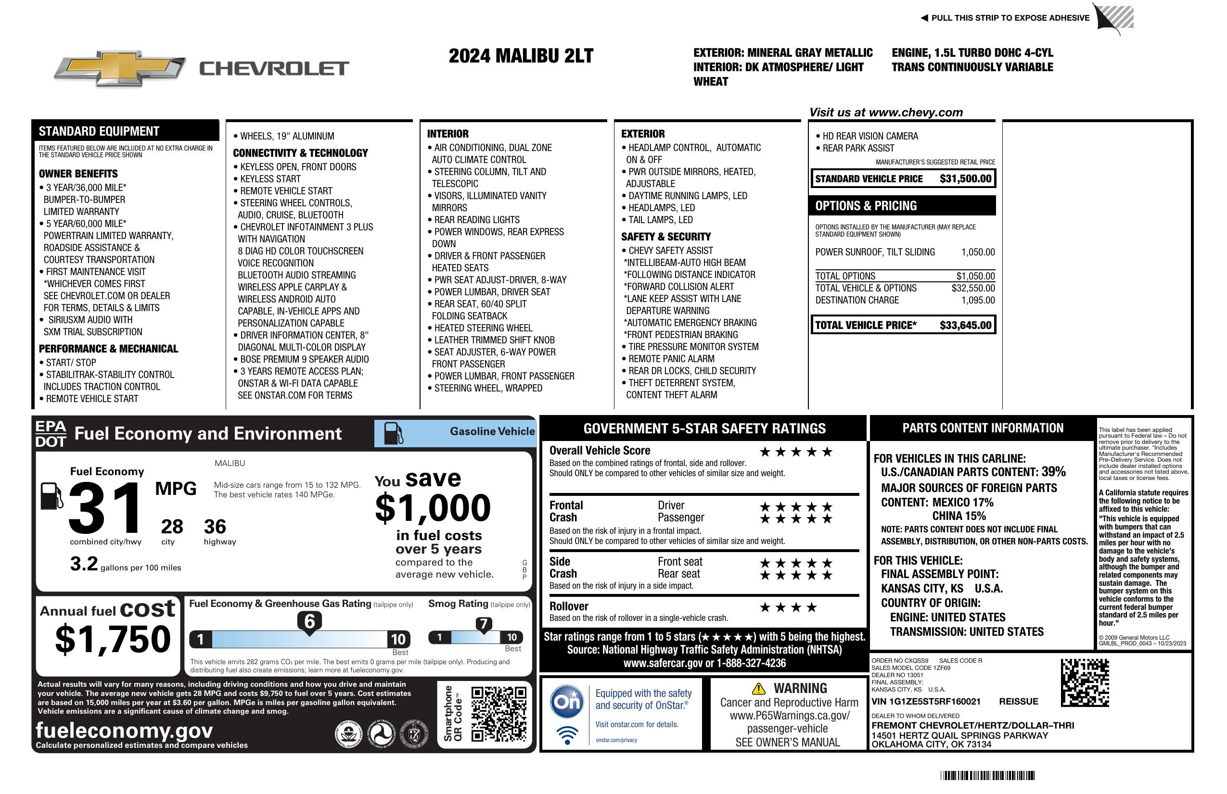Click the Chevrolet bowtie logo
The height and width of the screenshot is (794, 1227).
click(x=120, y=68)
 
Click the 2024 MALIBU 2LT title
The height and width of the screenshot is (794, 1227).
click(x=521, y=56)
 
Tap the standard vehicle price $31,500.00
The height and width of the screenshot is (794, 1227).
click(x=965, y=179)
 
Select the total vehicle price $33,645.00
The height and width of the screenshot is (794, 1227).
click(x=965, y=325)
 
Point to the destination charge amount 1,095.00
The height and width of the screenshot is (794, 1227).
click(x=978, y=301)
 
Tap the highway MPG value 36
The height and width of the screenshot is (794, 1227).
click(x=215, y=527)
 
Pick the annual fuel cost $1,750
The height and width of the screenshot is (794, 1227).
click(x=113, y=639)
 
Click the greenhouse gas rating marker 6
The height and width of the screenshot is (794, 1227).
click(x=309, y=621)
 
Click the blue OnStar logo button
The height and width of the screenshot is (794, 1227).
click(x=567, y=702)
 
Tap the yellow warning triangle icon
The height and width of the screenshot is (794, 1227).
click(x=758, y=689)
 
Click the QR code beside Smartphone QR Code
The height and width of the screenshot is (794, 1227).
click(x=498, y=713)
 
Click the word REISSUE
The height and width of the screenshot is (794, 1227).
click(x=1019, y=701)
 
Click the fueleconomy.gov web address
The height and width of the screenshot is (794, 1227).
click(x=124, y=730)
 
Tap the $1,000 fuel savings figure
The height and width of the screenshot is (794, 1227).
click(x=433, y=508)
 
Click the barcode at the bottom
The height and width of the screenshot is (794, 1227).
click(x=987, y=775)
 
